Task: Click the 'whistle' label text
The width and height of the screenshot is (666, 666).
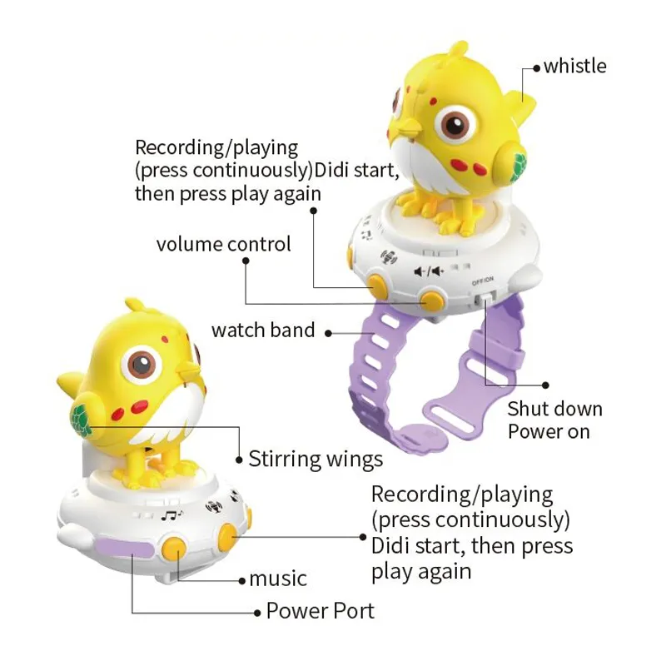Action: click(575, 67)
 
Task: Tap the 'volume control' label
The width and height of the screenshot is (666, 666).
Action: click(223, 244)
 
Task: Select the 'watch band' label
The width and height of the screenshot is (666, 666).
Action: click(263, 330)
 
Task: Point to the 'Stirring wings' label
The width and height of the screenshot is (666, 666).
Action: click(316, 460)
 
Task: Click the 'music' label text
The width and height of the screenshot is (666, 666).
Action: click(278, 579)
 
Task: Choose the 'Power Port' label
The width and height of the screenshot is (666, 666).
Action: click(321, 611)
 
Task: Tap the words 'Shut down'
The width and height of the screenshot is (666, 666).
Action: click(554, 409)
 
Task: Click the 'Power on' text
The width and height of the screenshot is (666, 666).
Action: click(549, 431)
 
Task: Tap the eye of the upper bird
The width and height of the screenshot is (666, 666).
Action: click(455, 123)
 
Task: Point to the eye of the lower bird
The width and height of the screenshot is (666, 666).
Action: click(142, 365)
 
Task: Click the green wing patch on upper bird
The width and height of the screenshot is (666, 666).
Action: click(519, 165)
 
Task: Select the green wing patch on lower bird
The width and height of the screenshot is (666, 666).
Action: click(81, 420)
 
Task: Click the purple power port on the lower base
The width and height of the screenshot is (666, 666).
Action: click(126, 549)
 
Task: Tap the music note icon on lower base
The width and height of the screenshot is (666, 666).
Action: click(171, 516)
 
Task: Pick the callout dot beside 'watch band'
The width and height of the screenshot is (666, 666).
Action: click(328, 334)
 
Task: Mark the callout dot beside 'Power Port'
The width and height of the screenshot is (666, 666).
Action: click(257, 613)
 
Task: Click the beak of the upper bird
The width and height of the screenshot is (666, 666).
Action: click(404, 127)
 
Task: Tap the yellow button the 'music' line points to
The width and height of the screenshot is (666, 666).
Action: click(175, 549)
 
